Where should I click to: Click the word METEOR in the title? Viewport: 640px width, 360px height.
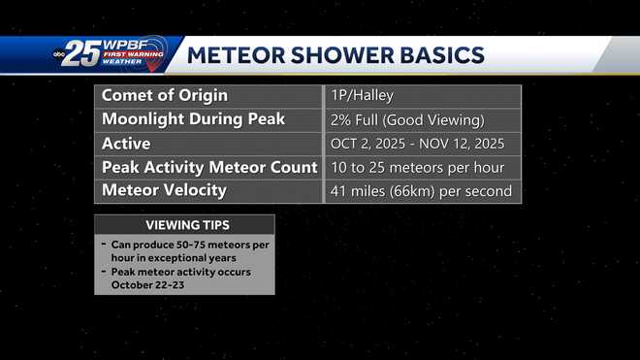pyautogui.click(x=235, y=54)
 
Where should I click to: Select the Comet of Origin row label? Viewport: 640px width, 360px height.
pyautogui.click(x=165, y=95)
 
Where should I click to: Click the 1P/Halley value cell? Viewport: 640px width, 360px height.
pyautogui.click(x=362, y=96)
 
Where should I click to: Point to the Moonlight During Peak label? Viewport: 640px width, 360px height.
pyautogui.click(x=193, y=119)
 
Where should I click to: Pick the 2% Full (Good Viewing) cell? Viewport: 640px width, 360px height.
pyautogui.click(x=406, y=120)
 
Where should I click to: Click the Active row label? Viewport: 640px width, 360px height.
pyautogui.click(x=126, y=144)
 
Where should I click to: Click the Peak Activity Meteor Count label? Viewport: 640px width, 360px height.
pyautogui.click(x=209, y=167)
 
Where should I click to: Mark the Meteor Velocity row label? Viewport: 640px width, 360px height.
pyautogui.click(x=164, y=190)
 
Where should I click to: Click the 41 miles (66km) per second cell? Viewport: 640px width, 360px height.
pyautogui.click(x=420, y=191)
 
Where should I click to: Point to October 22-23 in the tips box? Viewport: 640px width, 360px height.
pyautogui.click(x=147, y=285)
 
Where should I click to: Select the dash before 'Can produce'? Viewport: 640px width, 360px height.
pyautogui.click(x=103, y=245)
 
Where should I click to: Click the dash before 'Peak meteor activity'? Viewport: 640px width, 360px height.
pyautogui.click(x=103, y=272)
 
